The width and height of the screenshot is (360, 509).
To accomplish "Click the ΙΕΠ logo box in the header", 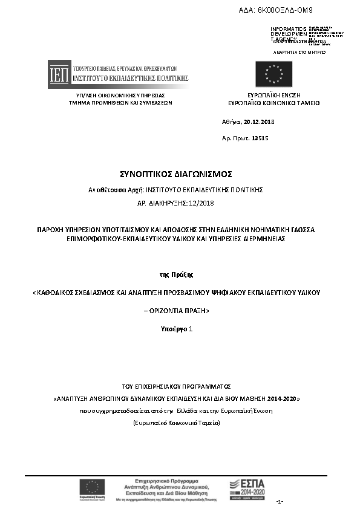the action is pos(59,74).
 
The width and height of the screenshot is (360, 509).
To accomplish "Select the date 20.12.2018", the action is pos(259,122).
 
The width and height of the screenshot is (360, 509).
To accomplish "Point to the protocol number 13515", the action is pos(260,138).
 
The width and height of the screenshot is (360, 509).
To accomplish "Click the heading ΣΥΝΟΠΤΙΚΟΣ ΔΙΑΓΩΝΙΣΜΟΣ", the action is pos(180,174).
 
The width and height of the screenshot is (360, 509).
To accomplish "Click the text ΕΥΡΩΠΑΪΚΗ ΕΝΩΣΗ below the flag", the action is pos(274,96).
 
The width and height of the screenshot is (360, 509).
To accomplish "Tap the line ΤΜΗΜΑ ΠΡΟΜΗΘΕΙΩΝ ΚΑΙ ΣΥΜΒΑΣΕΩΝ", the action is pos(120,103).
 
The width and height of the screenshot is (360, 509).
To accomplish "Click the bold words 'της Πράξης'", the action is pos(180,274).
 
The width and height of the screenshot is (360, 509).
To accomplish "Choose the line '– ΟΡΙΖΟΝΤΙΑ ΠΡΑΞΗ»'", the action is pos(180,310).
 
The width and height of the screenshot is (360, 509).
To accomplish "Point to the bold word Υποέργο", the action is pos(174,329).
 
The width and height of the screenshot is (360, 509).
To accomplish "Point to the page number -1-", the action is pos(280,502).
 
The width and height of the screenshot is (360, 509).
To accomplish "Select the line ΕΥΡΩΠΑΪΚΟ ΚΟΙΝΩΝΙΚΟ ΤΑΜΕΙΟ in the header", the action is pos(274,103).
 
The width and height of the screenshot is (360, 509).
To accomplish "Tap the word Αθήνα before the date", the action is pos(231,122).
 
